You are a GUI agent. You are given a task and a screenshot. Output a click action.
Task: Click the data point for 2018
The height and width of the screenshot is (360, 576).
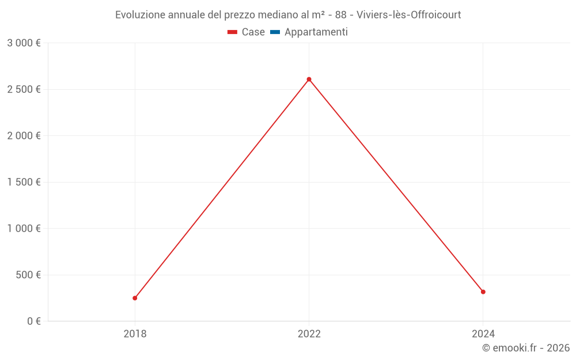pos(135,298)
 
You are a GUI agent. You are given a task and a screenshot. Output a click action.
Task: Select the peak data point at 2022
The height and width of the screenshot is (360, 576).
pos(309,79)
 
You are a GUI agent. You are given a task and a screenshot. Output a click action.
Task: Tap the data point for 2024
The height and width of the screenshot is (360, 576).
pos(483,292)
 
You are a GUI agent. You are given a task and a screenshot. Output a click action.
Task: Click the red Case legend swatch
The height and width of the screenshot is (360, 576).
pos(233,32)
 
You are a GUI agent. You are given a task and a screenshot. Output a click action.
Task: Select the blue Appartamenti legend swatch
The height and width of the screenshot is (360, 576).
pos(275,32)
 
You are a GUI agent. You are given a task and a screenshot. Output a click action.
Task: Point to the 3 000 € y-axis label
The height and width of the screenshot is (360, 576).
pos(24,43)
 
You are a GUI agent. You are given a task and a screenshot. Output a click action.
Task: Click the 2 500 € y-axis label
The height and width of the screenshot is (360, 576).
pos(24,89)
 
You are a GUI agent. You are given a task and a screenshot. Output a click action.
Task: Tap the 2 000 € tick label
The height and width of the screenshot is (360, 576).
pos(24,136)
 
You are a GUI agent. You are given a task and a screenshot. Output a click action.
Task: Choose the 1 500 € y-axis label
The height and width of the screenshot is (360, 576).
pos(24,182)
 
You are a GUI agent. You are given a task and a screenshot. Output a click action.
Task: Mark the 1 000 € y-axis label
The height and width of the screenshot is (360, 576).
pos(24,229)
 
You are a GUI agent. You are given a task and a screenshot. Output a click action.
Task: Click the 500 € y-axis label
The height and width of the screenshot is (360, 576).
pos(28,275)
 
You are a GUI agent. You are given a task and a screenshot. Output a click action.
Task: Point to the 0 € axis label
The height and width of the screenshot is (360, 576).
pos(34,321)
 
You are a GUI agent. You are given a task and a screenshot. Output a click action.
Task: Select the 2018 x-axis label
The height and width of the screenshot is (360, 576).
pos(135,334)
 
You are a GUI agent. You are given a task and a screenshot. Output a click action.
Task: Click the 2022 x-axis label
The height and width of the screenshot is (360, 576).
pos(309,334)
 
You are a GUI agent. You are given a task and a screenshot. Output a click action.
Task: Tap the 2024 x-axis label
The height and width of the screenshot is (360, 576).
pos(483,334)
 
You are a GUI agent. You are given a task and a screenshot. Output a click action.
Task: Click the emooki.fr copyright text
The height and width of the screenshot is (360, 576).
pos(525,348)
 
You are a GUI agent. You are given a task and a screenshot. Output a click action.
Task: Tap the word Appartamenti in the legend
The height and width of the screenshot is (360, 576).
pos(316,32)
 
